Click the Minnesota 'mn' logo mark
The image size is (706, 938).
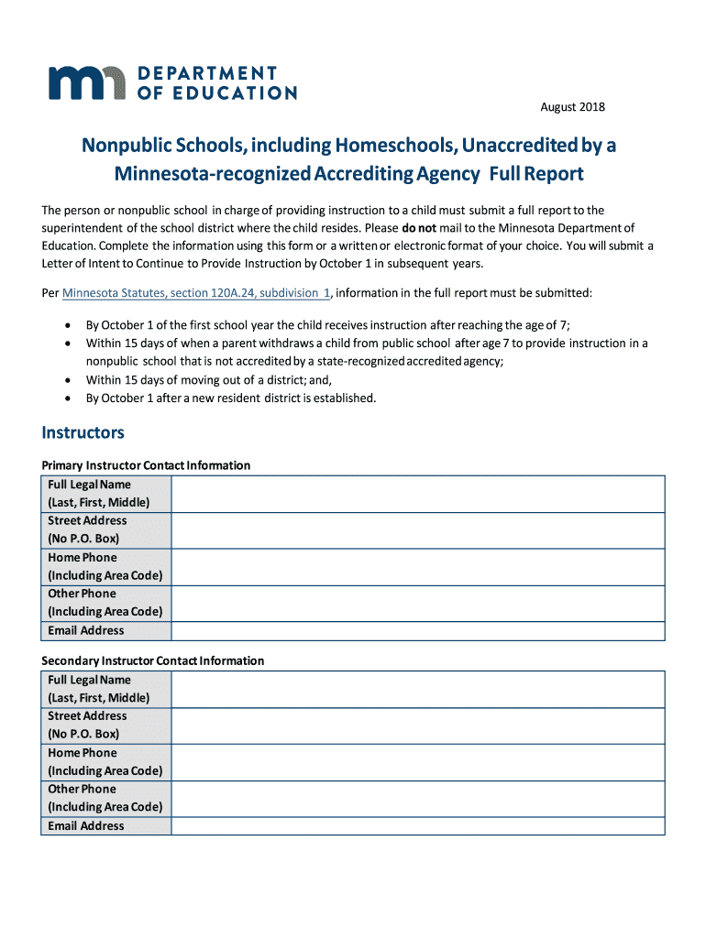click(x=87, y=82)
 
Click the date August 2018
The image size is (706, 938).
click(x=572, y=107)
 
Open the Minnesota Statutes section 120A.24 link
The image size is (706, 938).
click(x=196, y=292)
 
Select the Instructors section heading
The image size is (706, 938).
click(x=83, y=431)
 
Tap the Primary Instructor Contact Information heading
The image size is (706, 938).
click(x=146, y=465)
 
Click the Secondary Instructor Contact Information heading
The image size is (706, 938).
click(x=153, y=660)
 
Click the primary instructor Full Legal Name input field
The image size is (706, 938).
click(x=417, y=494)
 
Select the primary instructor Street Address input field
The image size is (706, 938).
click(x=417, y=529)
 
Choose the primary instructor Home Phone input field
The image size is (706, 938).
click(x=417, y=566)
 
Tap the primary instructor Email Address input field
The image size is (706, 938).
click(x=417, y=630)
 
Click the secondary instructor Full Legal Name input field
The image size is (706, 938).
click(x=417, y=689)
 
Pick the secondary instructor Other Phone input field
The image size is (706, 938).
click(x=417, y=798)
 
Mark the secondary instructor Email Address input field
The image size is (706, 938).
click(x=417, y=825)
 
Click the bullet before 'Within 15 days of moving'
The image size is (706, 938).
click(x=69, y=380)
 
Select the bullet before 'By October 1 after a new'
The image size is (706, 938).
click(x=69, y=398)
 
